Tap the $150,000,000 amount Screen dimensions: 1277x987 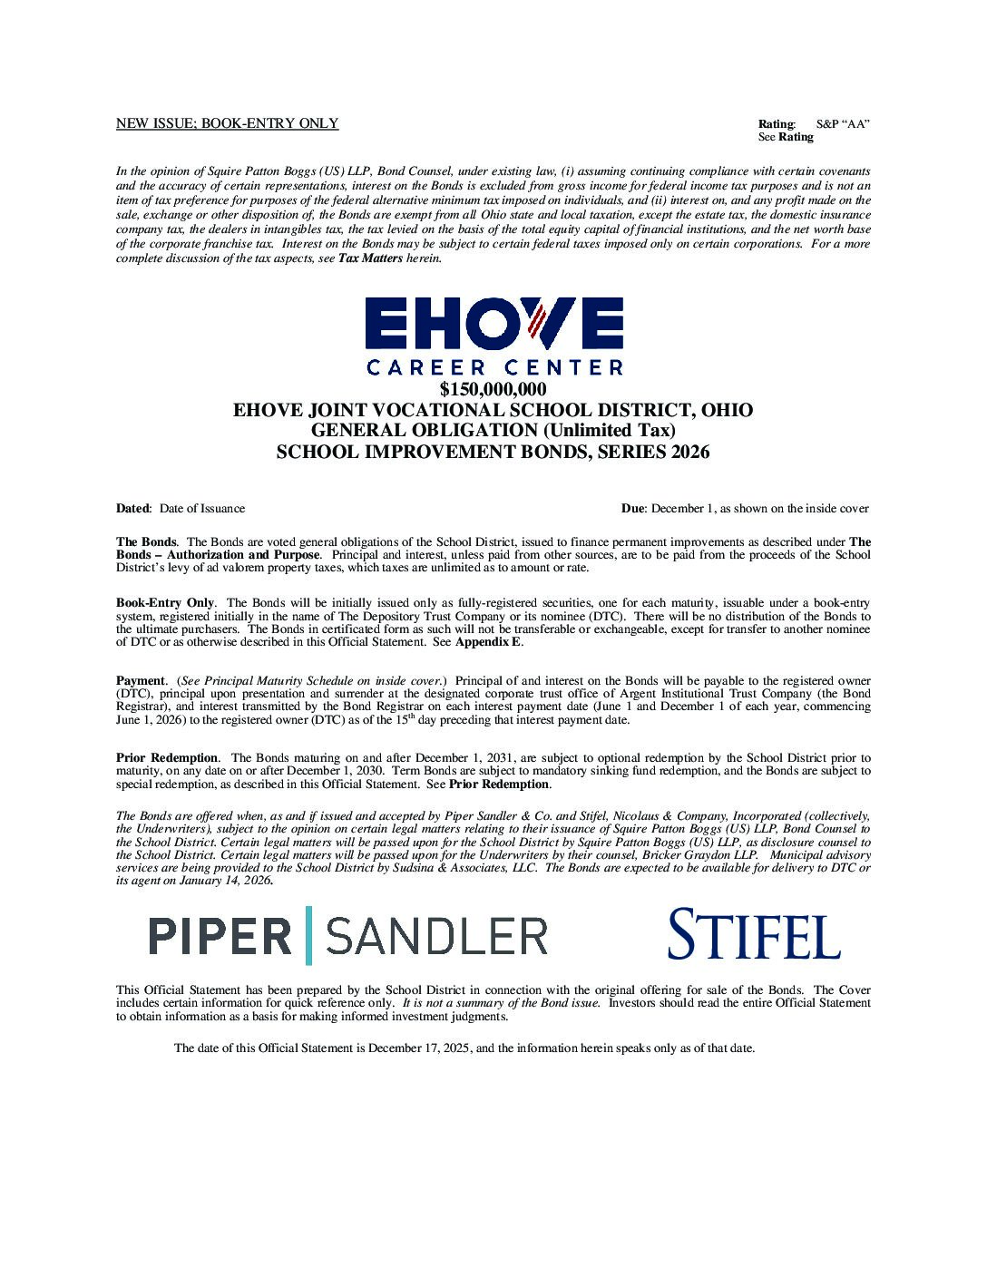click(493, 390)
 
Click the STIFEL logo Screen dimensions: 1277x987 click(753, 934)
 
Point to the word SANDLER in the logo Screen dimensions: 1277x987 click(436, 935)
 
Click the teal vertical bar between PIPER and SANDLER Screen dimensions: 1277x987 click(309, 935)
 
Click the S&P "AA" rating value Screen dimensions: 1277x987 click(843, 123)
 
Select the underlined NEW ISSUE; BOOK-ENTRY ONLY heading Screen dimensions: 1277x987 click(227, 123)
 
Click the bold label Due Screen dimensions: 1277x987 click(633, 509)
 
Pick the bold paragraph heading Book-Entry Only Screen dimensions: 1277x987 click(165, 602)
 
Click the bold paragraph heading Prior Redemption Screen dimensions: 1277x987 click(167, 757)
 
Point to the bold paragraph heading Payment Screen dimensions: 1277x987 click(141, 680)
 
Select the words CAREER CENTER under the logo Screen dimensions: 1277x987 click(494, 367)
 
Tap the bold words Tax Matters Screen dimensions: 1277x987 click(370, 258)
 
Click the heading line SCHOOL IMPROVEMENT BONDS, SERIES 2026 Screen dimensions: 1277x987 click(493, 452)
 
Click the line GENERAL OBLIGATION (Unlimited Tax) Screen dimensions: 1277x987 click(493, 431)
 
